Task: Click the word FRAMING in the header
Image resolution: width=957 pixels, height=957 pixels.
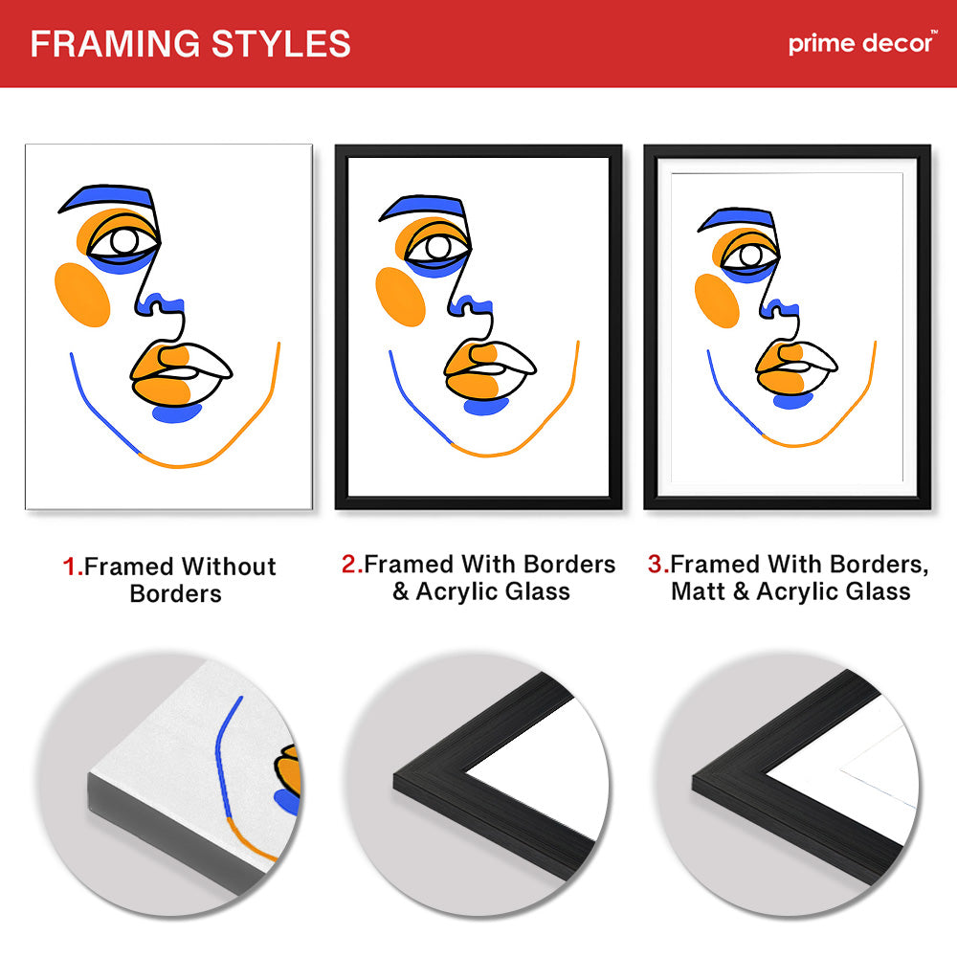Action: tap(115, 44)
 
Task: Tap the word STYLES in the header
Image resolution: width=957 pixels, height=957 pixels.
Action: tap(280, 44)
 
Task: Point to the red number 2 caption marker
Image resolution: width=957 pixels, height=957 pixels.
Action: tap(350, 564)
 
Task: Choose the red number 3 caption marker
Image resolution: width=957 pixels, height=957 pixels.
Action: tap(657, 564)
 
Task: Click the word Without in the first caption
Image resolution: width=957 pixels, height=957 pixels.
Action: tap(229, 567)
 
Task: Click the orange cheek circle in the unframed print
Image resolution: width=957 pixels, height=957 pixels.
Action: tap(81, 294)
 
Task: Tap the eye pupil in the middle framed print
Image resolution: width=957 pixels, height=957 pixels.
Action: tap(438, 247)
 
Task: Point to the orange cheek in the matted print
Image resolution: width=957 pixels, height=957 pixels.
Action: tap(717, 300)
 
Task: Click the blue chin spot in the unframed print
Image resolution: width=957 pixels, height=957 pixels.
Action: tap(176, 412)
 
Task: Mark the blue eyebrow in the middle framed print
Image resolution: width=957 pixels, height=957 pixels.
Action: tap(422, 207)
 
